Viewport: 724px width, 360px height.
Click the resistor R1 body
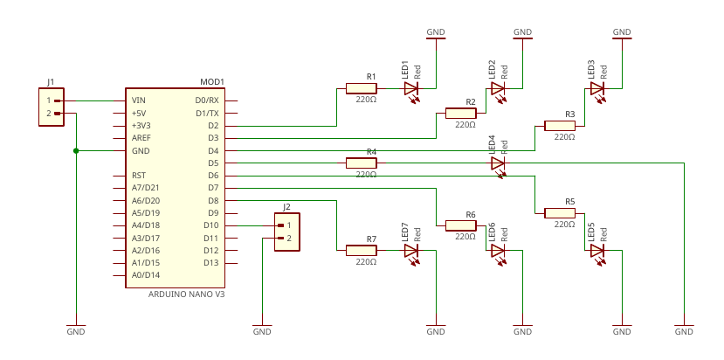(361, 88)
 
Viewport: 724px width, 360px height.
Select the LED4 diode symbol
(498, 163)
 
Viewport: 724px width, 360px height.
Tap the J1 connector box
(52, 107)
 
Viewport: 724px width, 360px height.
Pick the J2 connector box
(286, 232)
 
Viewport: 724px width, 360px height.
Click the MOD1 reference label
(212, 82)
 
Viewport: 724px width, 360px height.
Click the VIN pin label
(138, 100)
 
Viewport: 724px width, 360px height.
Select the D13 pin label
(210, 263)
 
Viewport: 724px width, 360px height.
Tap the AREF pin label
(141, 138)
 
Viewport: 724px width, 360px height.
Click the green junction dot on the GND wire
(76, 151)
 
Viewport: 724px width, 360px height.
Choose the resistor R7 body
(361, 251)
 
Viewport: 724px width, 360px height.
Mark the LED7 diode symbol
(411, 251)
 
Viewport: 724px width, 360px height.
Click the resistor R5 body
(560, 213)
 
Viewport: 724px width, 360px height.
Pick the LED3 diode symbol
(597, 88)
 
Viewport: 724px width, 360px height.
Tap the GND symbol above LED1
(436, 34)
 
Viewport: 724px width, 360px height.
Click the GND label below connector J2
(262, 331)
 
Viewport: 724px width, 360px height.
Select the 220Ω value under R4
(366, 175)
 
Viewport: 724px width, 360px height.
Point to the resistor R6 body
(460, 225)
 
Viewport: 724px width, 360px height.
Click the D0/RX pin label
(207, 100)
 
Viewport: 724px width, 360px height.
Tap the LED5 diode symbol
(597, 251)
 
